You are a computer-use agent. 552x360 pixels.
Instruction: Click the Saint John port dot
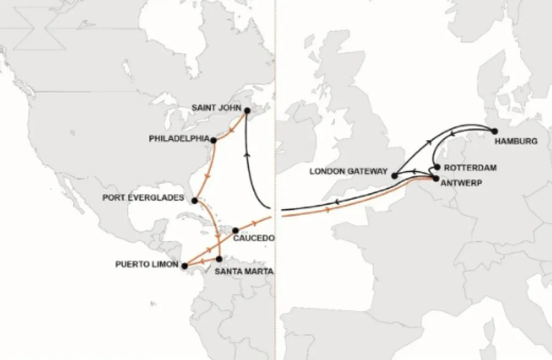pos(247,111)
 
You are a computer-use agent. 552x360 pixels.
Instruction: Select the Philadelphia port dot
pos(213,140)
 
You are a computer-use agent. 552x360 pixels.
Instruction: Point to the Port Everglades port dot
pos(195,201)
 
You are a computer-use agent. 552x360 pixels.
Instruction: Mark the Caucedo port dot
pos(235,230)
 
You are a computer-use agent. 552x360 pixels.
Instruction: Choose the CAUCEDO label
pos(254,239)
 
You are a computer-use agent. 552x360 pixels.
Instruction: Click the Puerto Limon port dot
pos(184,266)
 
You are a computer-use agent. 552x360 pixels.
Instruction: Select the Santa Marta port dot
pos(219,259)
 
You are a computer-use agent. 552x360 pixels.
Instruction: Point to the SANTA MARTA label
pos(244,271)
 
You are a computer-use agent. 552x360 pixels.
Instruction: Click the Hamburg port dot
pos(495,131)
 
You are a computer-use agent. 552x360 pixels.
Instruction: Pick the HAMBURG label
pos(516,142)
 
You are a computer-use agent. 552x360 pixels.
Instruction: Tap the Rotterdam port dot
pos(437,167)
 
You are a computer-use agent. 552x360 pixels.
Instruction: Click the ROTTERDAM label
pos(471,168)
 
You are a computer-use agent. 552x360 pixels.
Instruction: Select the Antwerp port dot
pos(435,178)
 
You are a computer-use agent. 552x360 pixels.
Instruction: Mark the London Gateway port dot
pos(394,176)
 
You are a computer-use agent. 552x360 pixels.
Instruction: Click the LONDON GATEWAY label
pos(349,171)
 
